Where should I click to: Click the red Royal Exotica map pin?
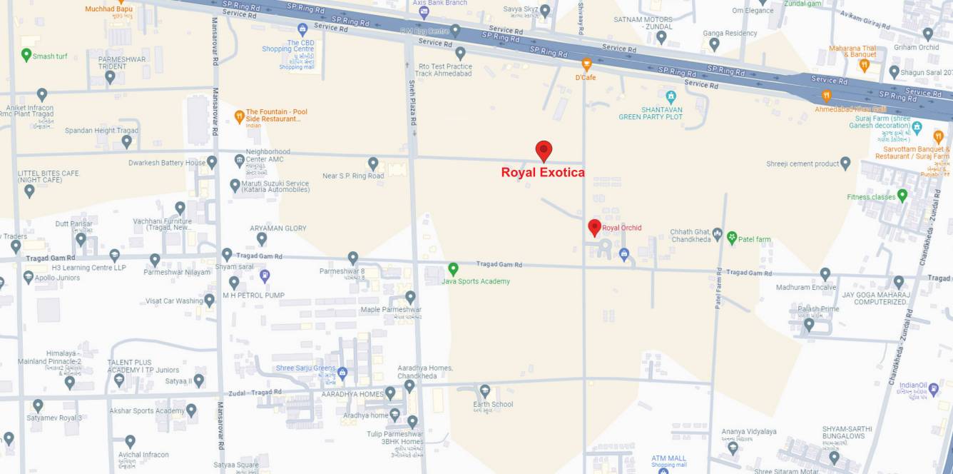coord(544,150)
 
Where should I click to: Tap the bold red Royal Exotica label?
coord(543,172)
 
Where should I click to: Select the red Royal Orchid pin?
coord(594,228)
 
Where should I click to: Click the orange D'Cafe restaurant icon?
coord(586,64)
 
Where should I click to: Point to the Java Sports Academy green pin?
coord(453,269)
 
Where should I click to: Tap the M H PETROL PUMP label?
coord(253,295)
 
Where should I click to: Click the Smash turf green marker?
coord(26,55)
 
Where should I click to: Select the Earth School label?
coord(492,404)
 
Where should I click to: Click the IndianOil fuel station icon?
coord(934,389)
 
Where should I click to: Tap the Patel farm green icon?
coord(731,238)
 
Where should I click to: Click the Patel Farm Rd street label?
coord(719,288)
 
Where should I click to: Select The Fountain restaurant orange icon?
coord(240,116)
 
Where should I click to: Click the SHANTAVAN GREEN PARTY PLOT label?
coord(651,113)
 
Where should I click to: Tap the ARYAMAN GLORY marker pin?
coord(262,238)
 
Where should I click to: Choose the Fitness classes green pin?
coord(902,195)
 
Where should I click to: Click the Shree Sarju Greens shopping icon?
coord(342,373)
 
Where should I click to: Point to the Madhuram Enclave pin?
coord(825,274)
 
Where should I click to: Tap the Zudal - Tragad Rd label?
coord(255,393)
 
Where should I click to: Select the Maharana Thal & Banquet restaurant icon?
coord(864,66)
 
